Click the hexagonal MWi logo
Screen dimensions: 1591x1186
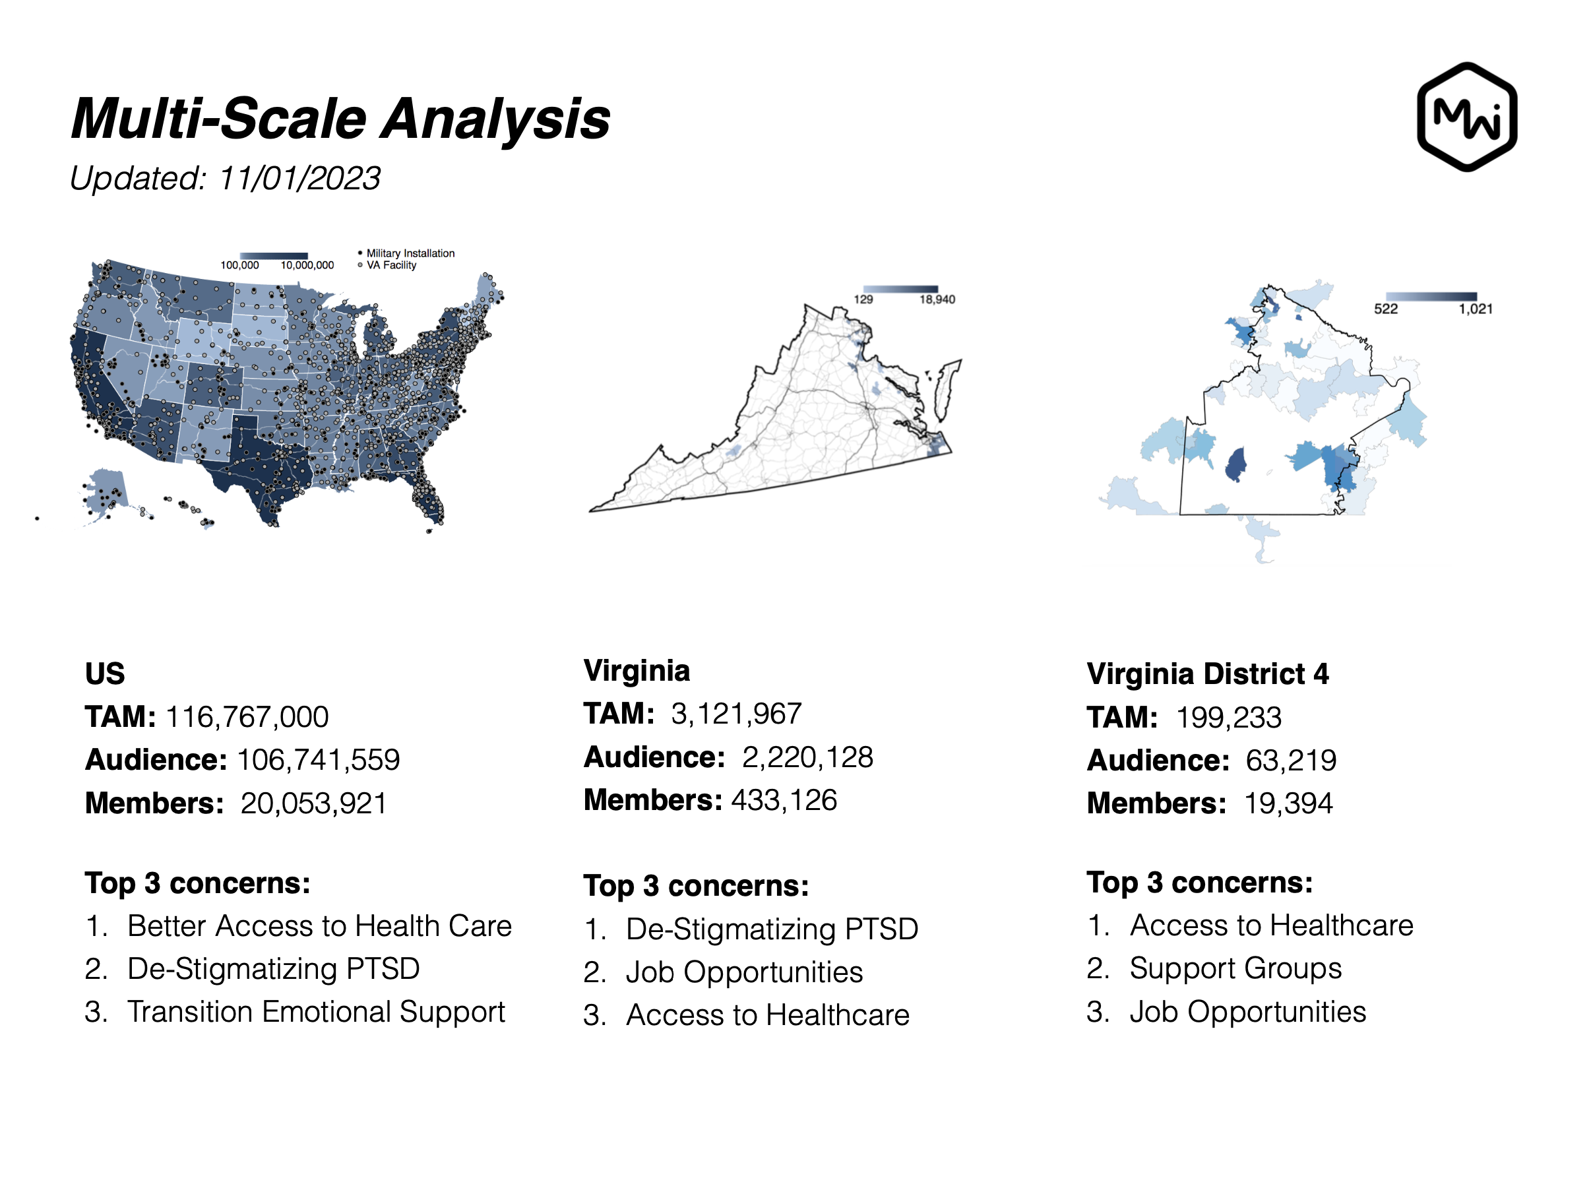(x=1466, y=117)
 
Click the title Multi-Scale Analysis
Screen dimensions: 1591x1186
(x=340, y=119)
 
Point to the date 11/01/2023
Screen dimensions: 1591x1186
(x=299, y=178)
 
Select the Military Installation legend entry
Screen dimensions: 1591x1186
(x=406, y=253)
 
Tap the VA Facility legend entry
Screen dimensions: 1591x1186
(x=387, y=265)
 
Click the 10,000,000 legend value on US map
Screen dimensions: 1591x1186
(x=307, y=265)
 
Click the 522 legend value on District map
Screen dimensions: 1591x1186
(x=1386, y=309)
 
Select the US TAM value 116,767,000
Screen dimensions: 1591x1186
(x=247, y=716)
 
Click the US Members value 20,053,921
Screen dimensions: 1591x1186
(x=314, y=803)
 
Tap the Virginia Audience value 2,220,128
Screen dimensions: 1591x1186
(x=808, y=757)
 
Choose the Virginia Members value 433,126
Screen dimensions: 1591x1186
(x=784, y=799)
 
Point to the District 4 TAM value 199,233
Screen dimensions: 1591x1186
(x=1228, y=717)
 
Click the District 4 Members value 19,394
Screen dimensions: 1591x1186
(x=1288, y=803)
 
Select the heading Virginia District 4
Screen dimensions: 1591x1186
(x=1208, y=674)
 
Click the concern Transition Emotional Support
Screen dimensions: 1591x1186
(x=317, y=1013)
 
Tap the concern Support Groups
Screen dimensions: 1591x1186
(x=1235, y=968)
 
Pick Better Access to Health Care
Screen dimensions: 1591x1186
(x=319, y=926)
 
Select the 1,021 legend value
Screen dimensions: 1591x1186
(x=1476, y=309)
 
